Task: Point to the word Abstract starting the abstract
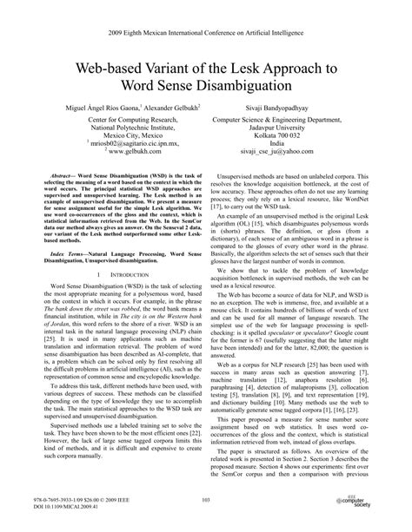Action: point(65,174)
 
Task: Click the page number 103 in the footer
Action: point(206,501)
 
